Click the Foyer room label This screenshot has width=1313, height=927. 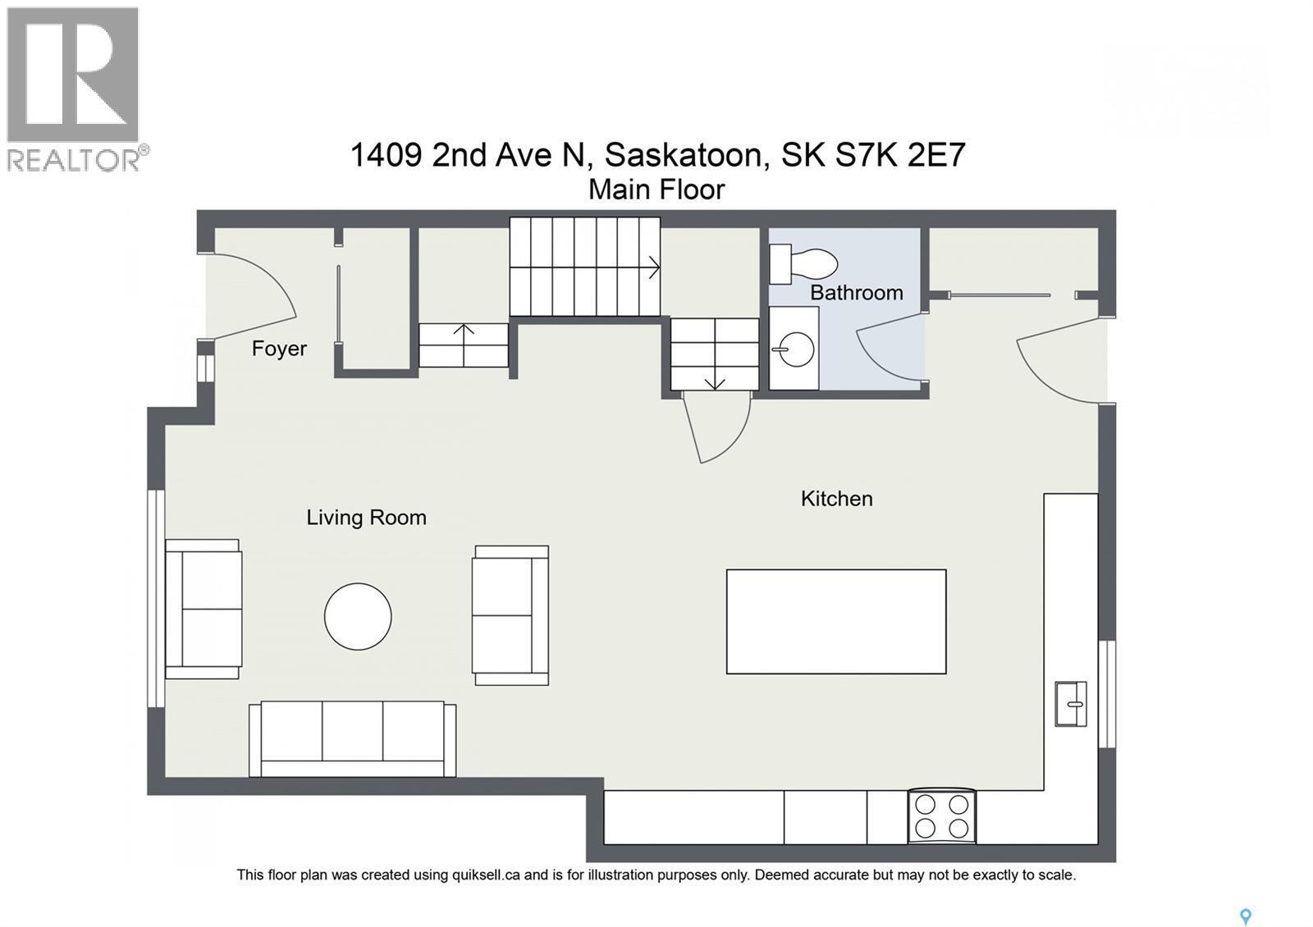pos(279,349)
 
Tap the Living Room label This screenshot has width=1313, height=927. pos(366,518)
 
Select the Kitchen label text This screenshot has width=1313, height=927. pos(836,499)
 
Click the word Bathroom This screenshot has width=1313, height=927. pos(856,293)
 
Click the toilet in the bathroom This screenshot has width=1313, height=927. pos(804,263)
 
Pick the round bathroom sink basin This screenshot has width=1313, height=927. pos(794,349)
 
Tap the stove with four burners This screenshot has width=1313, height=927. pos(942,816)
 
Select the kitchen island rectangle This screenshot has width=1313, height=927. pos(835,622)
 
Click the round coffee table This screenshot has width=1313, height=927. pos(358,617)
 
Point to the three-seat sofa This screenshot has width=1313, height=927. pos(353,738)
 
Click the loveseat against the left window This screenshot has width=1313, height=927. pos(203,609)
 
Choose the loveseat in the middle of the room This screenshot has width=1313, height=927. pos(510,615)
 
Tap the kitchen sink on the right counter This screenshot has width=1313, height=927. pos(1070,704)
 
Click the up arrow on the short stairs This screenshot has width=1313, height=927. pos(464,332)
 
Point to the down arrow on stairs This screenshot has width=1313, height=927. pos(714,381)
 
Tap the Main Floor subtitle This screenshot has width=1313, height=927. pos(656,190)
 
